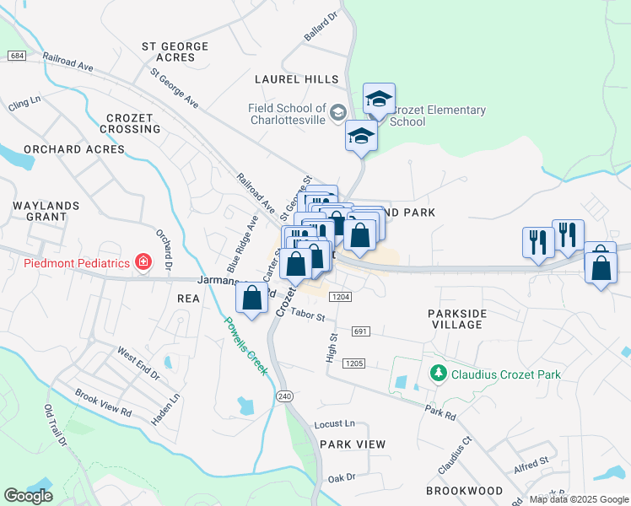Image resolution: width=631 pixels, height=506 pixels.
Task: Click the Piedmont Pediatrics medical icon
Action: [144, 262]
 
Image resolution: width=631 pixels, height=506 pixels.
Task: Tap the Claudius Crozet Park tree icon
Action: [438, 373]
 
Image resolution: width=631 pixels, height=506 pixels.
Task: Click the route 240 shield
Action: [283, 396]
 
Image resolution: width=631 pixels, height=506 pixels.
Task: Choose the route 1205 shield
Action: [353, 363]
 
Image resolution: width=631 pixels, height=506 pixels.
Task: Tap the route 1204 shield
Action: [341, 297]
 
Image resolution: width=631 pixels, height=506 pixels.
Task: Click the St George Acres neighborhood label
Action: [169, 51]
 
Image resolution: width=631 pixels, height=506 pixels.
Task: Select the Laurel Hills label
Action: [296, 79]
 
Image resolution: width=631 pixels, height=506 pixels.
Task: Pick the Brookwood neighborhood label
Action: [464, 491]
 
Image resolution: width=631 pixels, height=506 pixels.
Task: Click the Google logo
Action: [28, 496]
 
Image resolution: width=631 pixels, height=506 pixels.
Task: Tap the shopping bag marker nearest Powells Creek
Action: [251, 297]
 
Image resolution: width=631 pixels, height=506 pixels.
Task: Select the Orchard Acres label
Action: [74, 149]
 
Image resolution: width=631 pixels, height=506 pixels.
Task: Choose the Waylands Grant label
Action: [46, 211]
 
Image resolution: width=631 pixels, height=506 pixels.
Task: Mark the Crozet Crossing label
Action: [129, 123]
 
